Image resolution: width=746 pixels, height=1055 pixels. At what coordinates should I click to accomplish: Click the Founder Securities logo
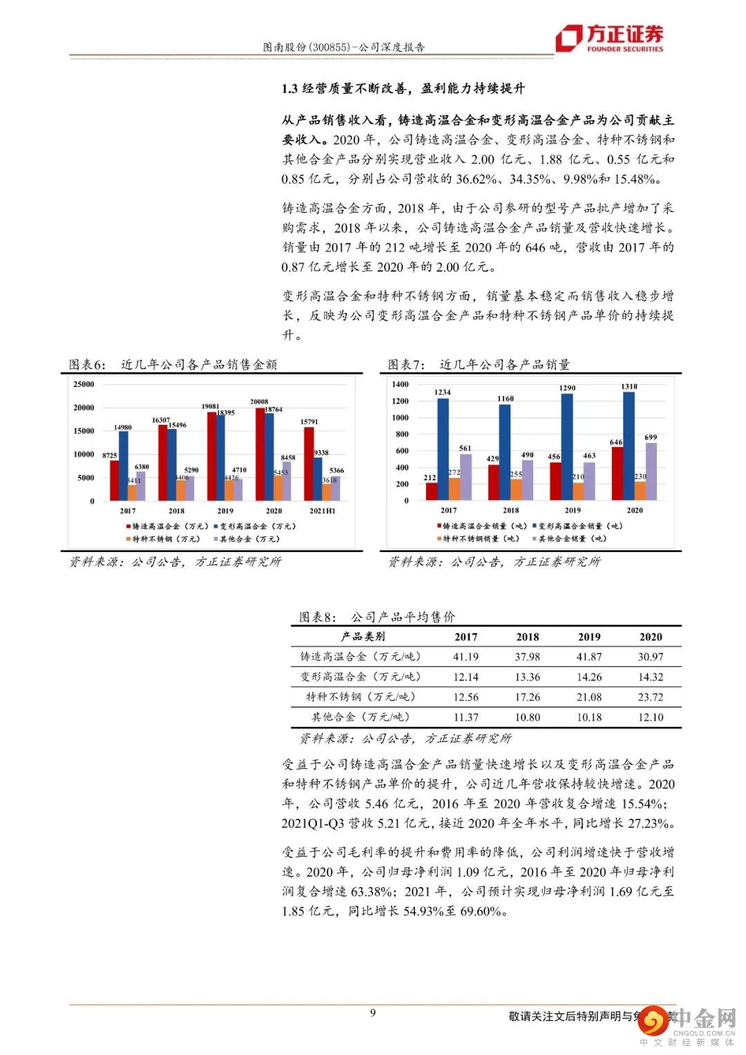(610, 38)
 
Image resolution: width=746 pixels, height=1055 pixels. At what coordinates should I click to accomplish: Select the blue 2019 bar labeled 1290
(567, 446)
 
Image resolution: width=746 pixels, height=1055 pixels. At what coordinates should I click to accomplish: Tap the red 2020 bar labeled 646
(617, 473)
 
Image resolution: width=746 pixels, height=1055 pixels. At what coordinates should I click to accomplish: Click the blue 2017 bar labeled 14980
(124, 466)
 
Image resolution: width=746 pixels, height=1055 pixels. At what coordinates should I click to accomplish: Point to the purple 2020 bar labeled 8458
(287, 481)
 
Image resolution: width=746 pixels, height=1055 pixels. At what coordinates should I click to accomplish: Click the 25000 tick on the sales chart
(84, 384)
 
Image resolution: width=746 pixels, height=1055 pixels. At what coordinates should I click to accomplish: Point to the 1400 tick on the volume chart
(401, 384)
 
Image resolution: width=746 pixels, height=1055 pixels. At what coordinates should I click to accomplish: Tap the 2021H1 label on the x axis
(322, 511)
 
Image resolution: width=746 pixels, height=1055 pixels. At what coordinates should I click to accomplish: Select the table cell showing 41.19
(466, 657)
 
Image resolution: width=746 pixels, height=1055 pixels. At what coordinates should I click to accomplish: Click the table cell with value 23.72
(650, 697)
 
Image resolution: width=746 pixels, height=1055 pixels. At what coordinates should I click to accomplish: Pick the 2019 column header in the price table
(589, 637)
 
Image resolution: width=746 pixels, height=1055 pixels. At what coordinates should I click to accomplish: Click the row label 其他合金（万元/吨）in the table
(360, 717)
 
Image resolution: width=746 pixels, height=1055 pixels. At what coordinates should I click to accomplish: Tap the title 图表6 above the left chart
(173, 365)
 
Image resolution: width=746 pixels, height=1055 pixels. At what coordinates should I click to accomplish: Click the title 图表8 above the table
(377, 617)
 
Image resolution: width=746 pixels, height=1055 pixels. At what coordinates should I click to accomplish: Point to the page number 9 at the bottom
(373, 1013)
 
